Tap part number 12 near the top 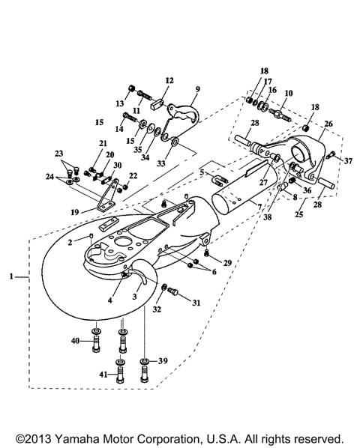point(169,80)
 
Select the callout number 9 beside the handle point(198,87)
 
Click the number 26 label point(328,125)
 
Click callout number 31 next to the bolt point(197,302)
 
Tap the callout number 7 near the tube point(260,205)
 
